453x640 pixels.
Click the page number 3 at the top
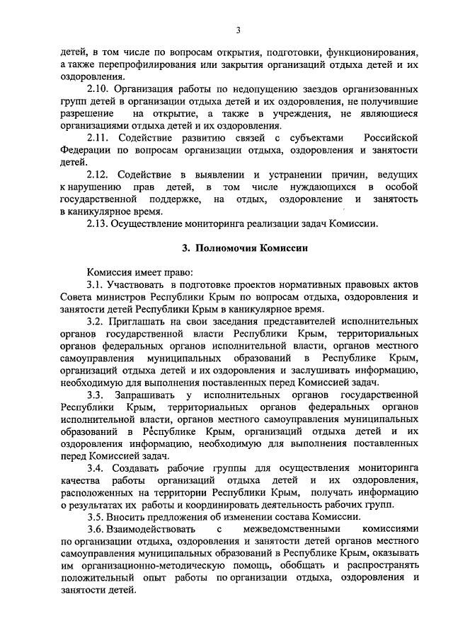point(239,29)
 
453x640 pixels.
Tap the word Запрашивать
point(147,394)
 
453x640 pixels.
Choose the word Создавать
point(137,468)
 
